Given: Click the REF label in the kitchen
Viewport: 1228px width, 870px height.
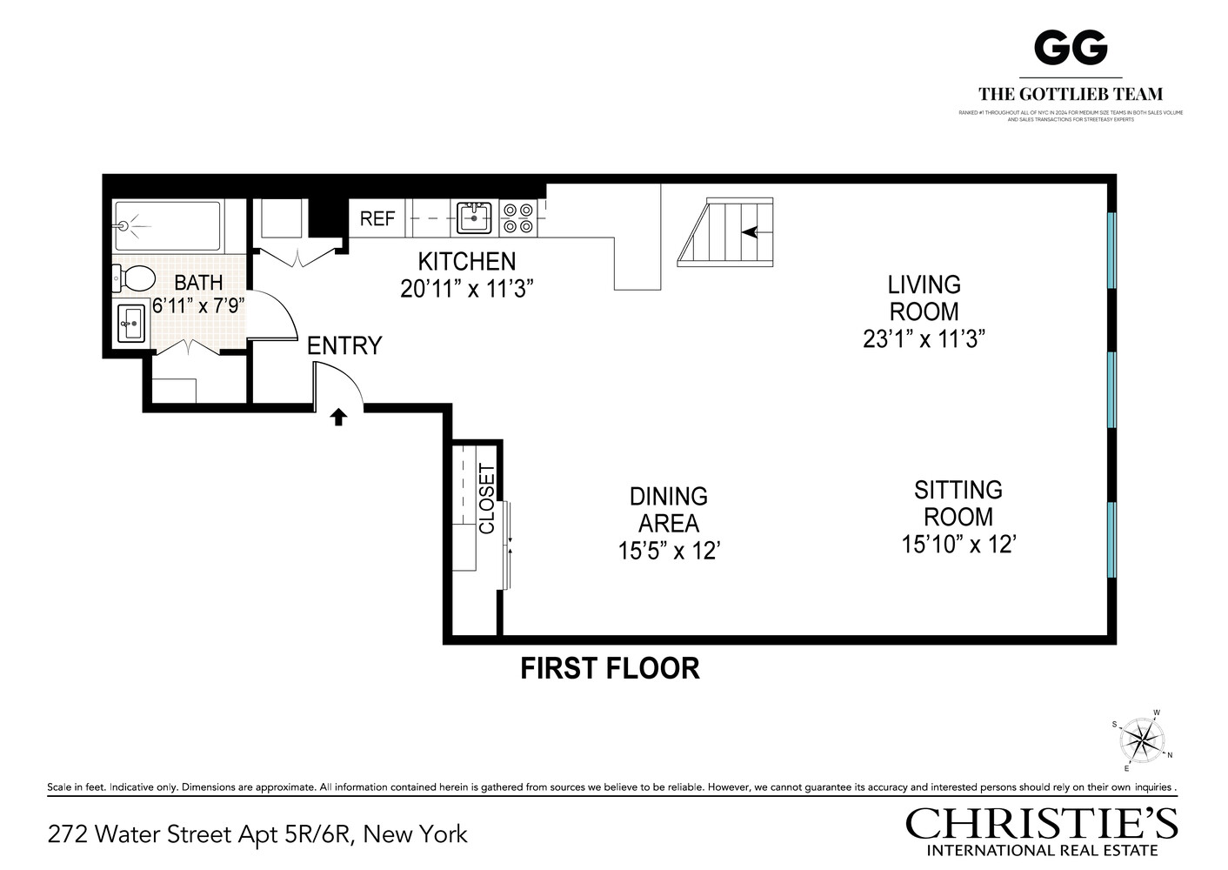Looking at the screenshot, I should pyautogui.click(x=377, y=218).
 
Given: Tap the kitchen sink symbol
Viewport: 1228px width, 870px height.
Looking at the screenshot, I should pyautogui.click(x=474, y=217).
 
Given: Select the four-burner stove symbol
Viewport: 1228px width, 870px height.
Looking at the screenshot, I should pyautogui.click(x=517, y=217).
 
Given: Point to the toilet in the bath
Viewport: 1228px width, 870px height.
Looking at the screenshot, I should pyautogui.click(x=134, y=279).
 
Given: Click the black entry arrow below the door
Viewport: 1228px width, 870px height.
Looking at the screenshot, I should pyautogui.click(x=338, y=418).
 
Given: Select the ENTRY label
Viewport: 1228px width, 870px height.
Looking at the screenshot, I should pyautogui.click(x=344, y=346).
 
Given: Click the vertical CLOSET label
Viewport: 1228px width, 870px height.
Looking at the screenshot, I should pyautogui.click(x=487, y=499).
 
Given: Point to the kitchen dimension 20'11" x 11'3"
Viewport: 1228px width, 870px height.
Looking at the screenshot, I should pyautogui.click(x=466, y=289).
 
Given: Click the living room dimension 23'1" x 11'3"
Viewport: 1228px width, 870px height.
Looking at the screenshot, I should pyautogui.click(x=924, y=338).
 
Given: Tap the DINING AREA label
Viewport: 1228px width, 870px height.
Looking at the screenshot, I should pyautogui.click(x=668, y=510).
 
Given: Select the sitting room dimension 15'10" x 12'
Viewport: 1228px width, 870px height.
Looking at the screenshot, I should pyautogui.click(x=958, y=545).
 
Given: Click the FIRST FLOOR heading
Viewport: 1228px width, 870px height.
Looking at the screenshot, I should pyautogui.click(x=610, y=668).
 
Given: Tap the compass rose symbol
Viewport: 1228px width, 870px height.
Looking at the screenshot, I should pyautogui.click(x=1142, y=741).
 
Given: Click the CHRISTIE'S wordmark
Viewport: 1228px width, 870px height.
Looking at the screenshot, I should pyautogui.click(x=1042, y=823).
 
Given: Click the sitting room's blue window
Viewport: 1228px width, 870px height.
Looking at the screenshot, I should pyautogui.click(x=1111, y=540).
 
